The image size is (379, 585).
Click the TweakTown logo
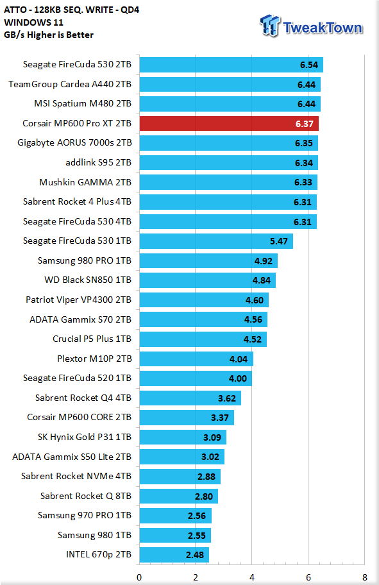(311, 26)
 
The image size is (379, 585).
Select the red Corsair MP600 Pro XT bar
(229, 124)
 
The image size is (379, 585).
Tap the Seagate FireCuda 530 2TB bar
(232, 65)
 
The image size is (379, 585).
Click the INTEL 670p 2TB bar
(174, 555)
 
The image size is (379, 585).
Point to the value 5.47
(279, 241)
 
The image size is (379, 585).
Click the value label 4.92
(264, 261)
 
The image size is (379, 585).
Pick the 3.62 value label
(227, 398)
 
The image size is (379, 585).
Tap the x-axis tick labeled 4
(252, 577)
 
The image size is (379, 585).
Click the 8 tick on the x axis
(364, 577)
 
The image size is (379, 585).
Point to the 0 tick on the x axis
(139, 577)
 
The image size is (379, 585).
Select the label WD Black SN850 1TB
(88, 280)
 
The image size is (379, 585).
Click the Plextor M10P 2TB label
(94, 359)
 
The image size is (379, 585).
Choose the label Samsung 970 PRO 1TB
(85, 515)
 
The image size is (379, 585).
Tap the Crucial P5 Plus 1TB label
(92, 339)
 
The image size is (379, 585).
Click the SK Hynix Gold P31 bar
(183, 437)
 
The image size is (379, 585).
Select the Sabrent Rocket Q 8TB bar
(179, 496)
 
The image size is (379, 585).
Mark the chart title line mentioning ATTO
(72, 10)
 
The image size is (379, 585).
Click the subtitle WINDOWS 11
(33, 22)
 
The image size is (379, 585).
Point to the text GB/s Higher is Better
(49, 35)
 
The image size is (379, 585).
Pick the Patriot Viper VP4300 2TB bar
(204, 300)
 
